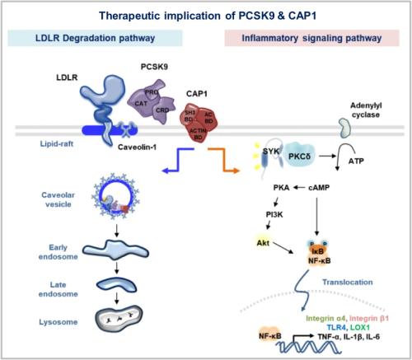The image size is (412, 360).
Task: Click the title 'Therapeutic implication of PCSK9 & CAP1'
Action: click(x=205, y=14)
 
